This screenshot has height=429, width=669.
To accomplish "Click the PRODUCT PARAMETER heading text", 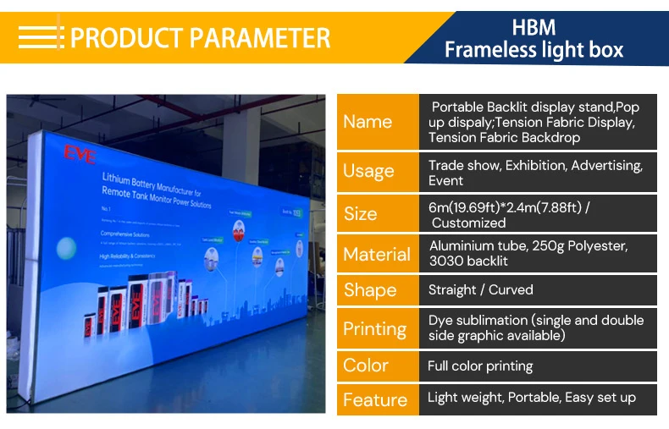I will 200,38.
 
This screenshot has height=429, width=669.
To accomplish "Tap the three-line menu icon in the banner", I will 41,37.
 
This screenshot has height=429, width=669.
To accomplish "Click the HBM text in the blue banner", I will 534,26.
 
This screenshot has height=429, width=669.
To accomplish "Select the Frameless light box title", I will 534,50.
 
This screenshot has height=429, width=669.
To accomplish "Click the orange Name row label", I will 368,122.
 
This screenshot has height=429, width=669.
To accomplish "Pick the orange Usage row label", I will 368,172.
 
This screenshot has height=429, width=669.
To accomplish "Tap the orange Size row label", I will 361,214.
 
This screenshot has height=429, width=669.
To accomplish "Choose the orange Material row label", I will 377,254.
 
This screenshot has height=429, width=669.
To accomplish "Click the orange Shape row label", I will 370,290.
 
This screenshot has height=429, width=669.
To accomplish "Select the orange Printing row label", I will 374,328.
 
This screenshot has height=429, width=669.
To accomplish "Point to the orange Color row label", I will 366,366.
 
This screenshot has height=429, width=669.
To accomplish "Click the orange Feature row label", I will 375,399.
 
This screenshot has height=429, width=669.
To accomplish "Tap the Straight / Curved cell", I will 480,290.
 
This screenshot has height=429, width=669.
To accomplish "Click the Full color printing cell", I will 480,366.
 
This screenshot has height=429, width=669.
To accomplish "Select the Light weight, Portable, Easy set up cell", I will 531,398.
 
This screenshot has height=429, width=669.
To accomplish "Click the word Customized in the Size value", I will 468,223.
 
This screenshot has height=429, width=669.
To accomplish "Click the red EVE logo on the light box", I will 80,153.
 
